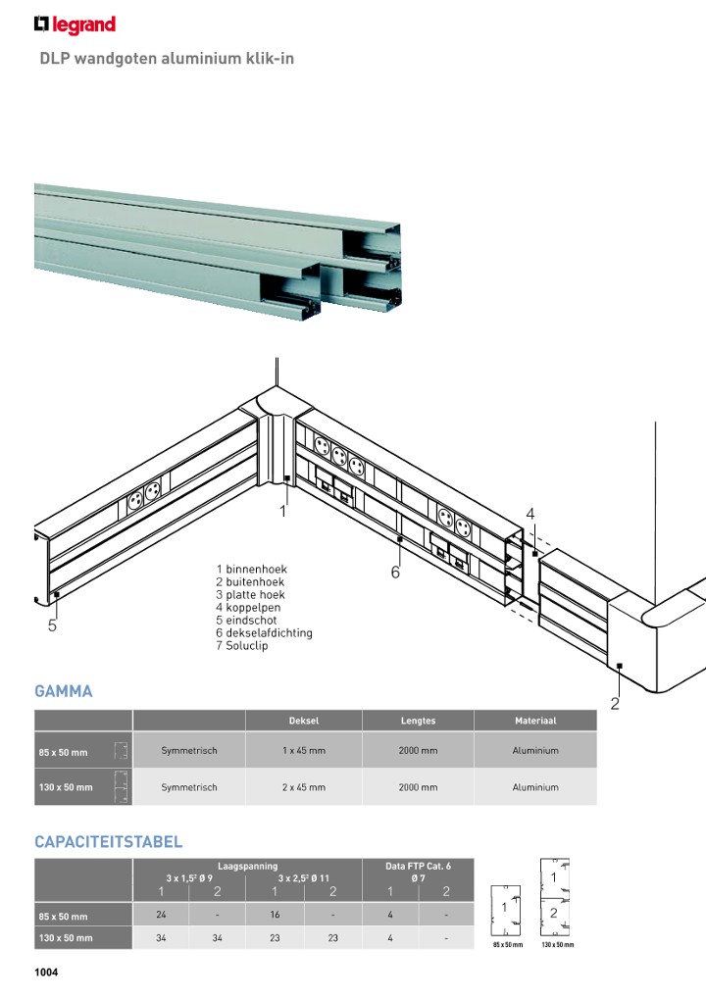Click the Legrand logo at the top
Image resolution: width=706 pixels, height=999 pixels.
75,25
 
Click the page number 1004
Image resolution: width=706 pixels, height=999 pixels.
48,973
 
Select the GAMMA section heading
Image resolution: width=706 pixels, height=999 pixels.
63,691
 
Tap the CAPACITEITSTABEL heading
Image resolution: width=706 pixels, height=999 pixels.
108,842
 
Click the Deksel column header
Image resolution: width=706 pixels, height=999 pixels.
303,721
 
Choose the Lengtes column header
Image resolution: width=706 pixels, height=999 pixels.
418,721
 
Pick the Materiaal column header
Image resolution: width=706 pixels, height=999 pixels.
535,721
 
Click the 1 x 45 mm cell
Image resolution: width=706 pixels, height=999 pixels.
303,751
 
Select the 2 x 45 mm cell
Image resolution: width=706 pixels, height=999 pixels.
303,787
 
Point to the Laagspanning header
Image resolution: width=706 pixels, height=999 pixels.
247,866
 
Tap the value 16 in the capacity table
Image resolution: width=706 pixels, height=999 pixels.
276,916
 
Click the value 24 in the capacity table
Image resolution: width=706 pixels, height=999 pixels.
161,916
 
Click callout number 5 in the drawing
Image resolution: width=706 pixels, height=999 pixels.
52,628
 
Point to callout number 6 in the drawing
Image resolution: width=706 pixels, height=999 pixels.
395,573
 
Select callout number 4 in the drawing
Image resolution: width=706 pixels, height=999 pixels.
529,514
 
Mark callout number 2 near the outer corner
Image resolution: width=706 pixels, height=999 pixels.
615,702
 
